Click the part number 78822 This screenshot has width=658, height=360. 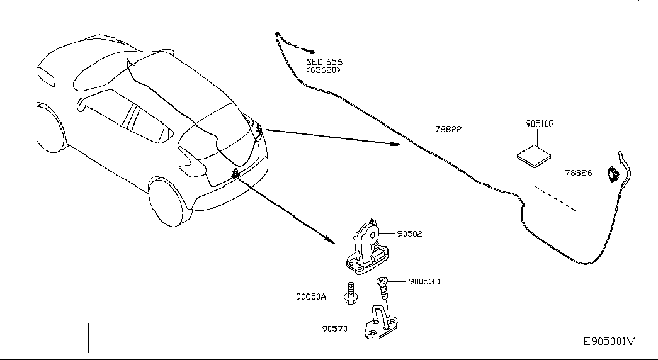click(448, 129)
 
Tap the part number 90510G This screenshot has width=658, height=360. click(540, 124)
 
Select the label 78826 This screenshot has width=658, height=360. click(578, 172)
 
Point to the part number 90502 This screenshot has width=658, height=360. click(409, 233)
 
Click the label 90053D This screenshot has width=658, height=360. click(424, 281)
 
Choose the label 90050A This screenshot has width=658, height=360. click(311, 296)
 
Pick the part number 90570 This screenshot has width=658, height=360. click(335, 329)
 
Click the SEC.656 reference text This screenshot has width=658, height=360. click(324, 62)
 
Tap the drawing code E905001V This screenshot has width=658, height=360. click(609, 342)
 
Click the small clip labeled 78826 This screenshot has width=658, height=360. click(613, 173)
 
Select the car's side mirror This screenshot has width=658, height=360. click(81, 104)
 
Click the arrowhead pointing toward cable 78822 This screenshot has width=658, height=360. click(396, 144)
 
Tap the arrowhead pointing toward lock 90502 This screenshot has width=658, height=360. click(330, 240)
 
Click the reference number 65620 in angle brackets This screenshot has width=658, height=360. click(324, 70)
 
